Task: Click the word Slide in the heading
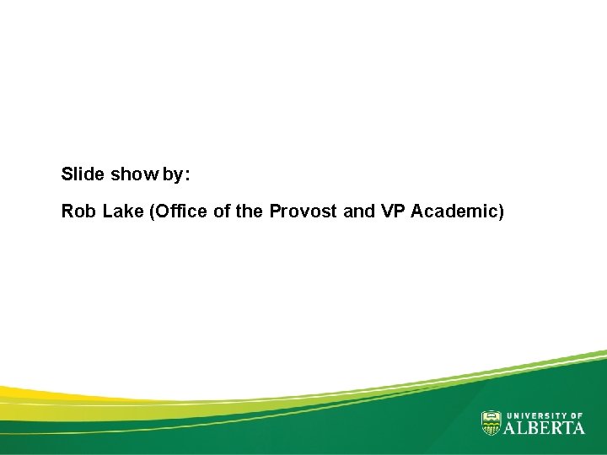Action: coord(83,175)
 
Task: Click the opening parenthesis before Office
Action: coord(152,212)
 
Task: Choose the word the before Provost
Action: coord(249,211)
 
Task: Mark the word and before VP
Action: coord(359,211)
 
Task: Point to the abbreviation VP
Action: coord(393,211)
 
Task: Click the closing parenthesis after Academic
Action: coord(502,212)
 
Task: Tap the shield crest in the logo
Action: coord(491,423)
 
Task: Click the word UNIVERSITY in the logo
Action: coord(536,415)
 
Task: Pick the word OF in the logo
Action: coord(577,415)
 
